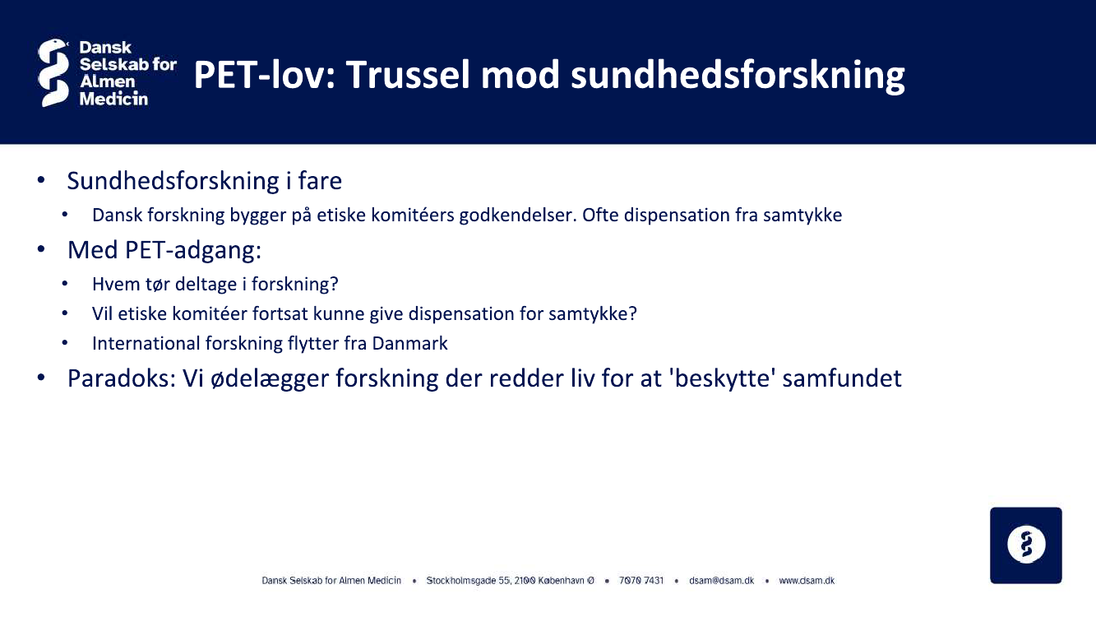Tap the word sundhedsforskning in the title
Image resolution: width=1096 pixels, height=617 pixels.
[x=738, y=76]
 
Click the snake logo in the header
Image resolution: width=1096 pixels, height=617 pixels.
[x=53, y=73]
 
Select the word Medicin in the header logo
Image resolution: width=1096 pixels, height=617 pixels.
[x=113, y=99]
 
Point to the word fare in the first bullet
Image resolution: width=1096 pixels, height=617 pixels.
[x=320, y=181]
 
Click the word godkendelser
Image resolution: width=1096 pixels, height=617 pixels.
[x=518, y=216]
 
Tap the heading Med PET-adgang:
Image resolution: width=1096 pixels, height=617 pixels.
[x=164, y=250]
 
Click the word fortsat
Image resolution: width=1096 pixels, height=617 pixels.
[x=280, y=314]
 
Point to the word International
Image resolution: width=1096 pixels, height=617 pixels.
[x=146, y=343]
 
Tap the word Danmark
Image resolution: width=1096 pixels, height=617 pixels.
[x=409, y=343]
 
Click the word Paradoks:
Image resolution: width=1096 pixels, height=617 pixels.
[x=122, y=378]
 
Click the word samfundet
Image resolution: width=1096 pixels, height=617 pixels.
[x=842, y=378]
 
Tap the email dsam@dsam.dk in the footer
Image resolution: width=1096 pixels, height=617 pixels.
[x=722, y=581]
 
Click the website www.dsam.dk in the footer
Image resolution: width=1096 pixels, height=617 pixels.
[x=807, y=581]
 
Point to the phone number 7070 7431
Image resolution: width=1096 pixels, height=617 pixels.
[x=641, y=581]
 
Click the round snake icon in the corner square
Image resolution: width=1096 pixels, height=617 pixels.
[x=1026, y=545]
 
